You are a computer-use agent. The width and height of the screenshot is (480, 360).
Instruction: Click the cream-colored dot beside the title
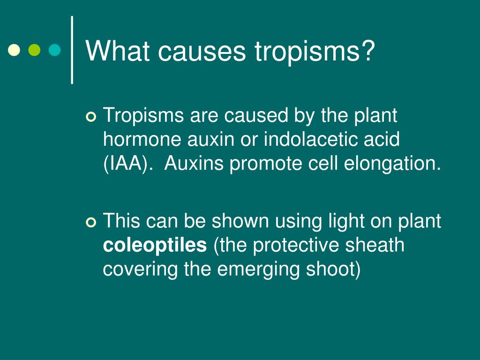[14, 50]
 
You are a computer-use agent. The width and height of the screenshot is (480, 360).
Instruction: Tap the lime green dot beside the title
[34, 50]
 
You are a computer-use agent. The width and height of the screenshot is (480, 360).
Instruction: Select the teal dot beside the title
[55, 50]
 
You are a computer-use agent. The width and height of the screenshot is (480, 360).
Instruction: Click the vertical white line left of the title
[72, 50]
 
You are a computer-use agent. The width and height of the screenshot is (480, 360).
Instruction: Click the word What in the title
[118, 51]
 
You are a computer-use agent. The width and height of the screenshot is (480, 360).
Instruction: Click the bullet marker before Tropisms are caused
[91, 117]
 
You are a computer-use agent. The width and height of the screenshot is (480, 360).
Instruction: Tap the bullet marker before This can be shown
[91, 222]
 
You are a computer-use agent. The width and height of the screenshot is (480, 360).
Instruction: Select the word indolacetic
[311, 139]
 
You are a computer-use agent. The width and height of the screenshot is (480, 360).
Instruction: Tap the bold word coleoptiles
[155, 246]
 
